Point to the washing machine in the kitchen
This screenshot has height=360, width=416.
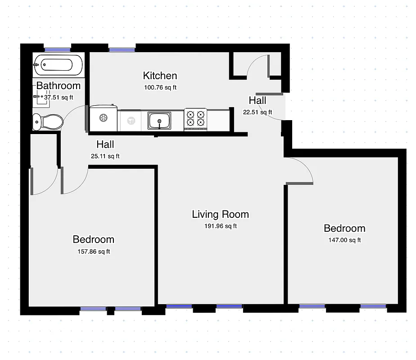click(103, 119)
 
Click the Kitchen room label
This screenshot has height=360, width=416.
click(160, 76)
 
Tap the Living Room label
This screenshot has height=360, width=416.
click(220, 214)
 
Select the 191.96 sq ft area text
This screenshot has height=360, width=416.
click(220, 226)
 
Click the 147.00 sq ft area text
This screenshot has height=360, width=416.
click(344, 240)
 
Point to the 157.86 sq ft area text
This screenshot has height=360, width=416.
click(94, 252)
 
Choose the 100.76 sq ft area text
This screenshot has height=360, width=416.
click(160, 87)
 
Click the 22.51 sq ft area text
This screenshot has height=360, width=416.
click(258, 112)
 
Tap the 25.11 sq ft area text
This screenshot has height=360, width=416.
click(105, 157)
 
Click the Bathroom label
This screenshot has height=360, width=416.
click(59, 85)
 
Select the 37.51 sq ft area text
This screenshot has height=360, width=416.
click(59, 97)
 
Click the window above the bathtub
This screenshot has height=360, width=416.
click(57, 49)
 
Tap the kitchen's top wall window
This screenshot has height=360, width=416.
click(122, 49)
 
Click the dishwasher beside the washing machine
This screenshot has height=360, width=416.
click(131, 121)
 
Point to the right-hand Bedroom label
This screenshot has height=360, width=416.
click(344, 229)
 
